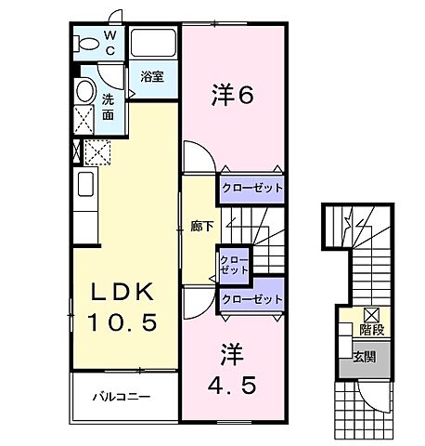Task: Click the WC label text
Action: [x=109, y=43]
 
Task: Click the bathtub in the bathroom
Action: [x=153, y=45]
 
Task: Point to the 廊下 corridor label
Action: [x=202, y=227]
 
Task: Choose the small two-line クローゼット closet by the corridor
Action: [x=233, y=263]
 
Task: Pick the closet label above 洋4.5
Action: [x=251, y=299]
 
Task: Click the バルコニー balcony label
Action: [x=121, y=397]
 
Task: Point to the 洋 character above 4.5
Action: [x=231, y=354]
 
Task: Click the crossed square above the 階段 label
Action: [x=371, y=313]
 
